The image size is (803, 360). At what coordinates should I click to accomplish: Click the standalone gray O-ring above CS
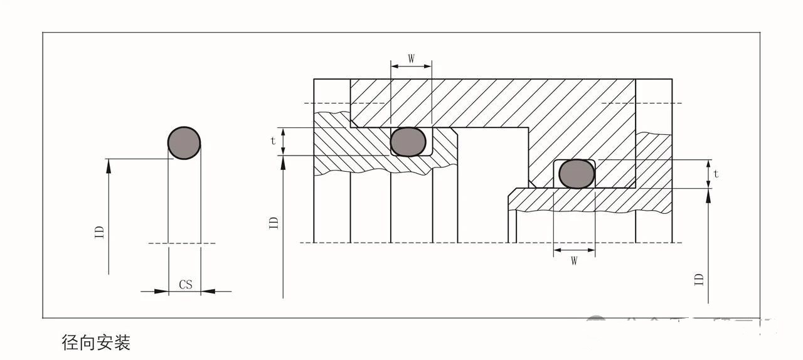(184, 143)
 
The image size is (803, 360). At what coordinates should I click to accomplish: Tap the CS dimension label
(186, 285)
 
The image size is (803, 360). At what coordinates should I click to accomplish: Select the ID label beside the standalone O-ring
(99, 232)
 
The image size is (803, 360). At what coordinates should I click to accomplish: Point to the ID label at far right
(699, 279)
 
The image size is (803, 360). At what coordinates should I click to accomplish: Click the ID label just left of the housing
(274, 223)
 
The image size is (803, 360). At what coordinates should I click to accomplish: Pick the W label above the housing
(411, 59)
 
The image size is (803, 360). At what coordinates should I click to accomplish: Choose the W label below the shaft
(573, 261)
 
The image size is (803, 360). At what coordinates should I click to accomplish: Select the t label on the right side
(716, 174)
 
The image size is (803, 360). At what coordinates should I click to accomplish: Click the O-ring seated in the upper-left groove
(408, 141)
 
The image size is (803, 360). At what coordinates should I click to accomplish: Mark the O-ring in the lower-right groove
(577, 174)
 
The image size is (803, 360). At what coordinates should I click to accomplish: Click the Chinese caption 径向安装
(96, 342)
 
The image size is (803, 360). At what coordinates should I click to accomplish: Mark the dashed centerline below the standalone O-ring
(182, 243)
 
